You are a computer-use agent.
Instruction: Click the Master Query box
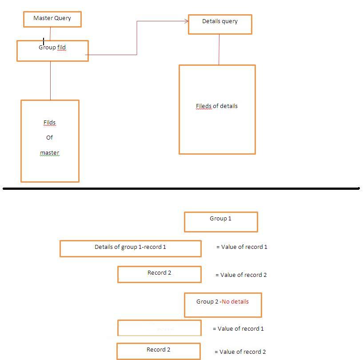(x=52, y=19)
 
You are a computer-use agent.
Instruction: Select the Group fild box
(x=52, y=51)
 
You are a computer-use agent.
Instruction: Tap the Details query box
(x=220, y=24)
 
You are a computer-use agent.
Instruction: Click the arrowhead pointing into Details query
(x=186, y=21)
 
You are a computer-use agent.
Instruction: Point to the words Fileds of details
(x=217, y=106)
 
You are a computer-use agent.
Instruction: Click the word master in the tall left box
(x=49, y=153)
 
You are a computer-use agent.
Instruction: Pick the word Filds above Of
(x=49, y=123)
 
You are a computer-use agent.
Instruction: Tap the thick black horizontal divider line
(x=181, y=188)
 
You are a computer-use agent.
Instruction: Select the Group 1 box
(x=221, y=222)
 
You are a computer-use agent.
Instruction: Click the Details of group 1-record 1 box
(x=130, y=248)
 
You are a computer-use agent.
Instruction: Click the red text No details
(x=235, y=301)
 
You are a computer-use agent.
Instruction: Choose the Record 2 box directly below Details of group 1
(x=159, y=274)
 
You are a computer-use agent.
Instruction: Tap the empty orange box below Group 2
(x=159, y=328)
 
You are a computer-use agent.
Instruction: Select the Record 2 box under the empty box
(x=159, y=351)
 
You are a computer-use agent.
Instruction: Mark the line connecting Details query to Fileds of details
(x=219, y=49)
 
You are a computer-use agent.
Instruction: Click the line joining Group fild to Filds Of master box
(x=50, y=80)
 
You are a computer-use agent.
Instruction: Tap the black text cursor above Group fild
(x=44, y=41)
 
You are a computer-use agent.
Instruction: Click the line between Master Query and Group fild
(x=51, y=33)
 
